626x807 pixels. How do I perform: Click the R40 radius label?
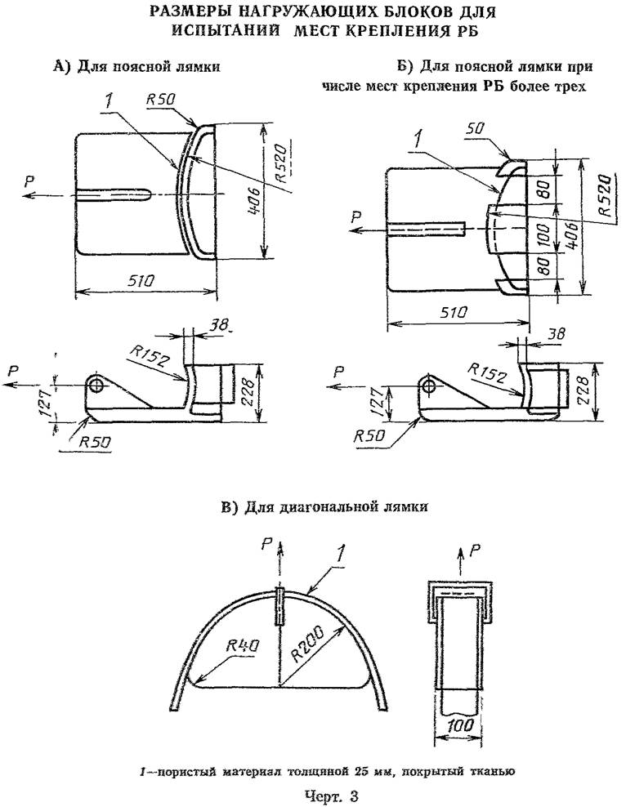click(x=244, y=646)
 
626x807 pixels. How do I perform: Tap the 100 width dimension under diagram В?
click(x=460, y=725)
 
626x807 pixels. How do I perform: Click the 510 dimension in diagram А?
click(x=140, y=280)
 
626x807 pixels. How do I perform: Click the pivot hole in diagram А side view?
click(x=96, y=383)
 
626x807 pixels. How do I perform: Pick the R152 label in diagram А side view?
click(x=150, y=355)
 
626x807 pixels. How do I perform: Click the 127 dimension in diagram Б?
click(x=380, y=403)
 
